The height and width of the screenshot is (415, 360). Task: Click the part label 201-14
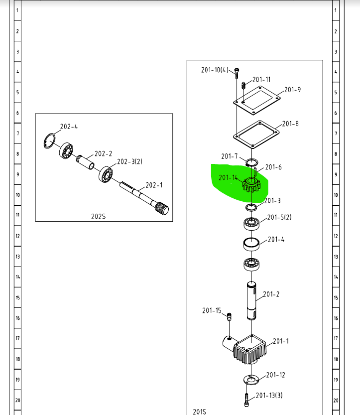click(228, 177)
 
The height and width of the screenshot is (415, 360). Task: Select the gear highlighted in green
click(251, 185)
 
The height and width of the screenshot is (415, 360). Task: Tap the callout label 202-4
click(69, 127)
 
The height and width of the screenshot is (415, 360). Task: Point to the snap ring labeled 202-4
click(49, 141)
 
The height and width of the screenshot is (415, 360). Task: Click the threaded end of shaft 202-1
click(162, 208)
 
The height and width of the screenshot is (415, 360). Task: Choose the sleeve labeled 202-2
click(85, 162)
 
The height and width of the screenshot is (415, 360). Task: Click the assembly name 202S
click(98, 217)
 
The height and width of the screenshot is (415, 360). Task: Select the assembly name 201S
click(200, 412)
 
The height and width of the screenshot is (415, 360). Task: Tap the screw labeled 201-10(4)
click(237, 73)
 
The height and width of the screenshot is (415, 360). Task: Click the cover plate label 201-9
click(292, 90)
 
